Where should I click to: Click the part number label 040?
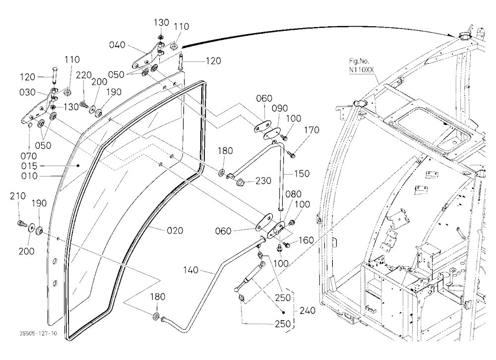pos(117,45)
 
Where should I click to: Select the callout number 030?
pos(27,92)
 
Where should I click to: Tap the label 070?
pos(29,156)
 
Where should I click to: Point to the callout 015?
pos(29,166)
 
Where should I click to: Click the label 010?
pos(29,176)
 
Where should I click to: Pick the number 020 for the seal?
pos(175,231)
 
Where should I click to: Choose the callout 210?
pos(18,196)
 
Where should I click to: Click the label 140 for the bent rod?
pos(191,270)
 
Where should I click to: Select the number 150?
pos(302,174)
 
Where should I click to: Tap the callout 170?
pos(311,130)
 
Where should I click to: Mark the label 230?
pos(263,181)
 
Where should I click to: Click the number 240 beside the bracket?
pos(307,311)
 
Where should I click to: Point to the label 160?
pos(306,240)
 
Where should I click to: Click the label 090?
pos(280,108)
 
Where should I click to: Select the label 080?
pos(293,194)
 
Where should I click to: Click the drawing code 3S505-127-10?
pos(38,333)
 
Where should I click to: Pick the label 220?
pos(83,75)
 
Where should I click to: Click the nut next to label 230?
pos(240,182)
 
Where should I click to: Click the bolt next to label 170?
pos(291,155)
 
